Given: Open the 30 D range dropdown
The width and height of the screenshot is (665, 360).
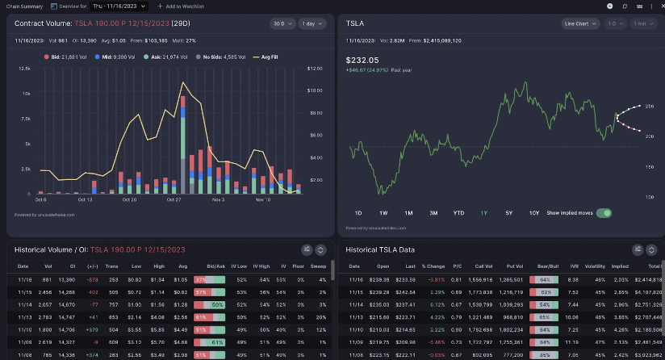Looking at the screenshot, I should (280, 24).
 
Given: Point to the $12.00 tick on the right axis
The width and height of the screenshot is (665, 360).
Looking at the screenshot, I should (316, 69).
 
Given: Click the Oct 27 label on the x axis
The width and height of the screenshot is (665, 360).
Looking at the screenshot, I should (174, 199).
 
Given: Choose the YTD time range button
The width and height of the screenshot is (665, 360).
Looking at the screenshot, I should (458, 213).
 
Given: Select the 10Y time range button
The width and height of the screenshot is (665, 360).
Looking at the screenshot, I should (534, 213).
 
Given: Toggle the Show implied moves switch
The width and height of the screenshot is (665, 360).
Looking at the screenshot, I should (603, 213).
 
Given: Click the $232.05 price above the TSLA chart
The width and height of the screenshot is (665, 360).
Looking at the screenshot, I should (362, 60).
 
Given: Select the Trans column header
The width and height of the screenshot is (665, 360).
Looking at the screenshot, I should (112, 266).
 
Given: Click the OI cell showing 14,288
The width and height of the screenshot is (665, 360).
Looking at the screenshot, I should (68, 291).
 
